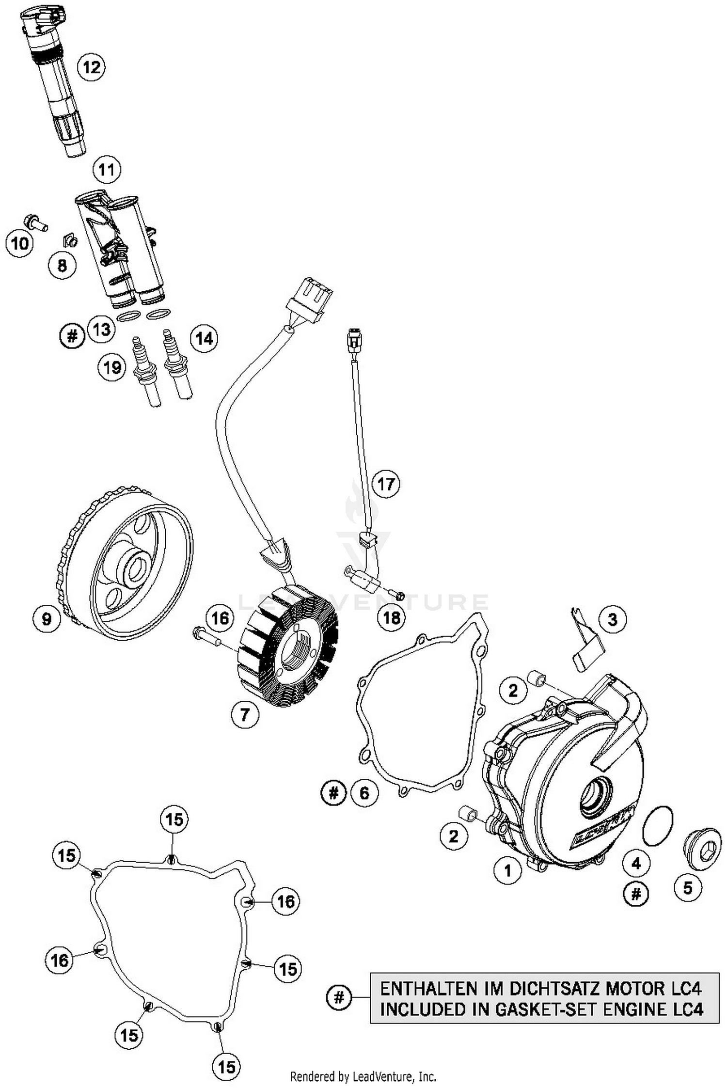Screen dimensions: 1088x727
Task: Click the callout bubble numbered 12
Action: (x=91, y=67)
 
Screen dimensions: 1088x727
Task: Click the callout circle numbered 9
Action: (x=47, y=619)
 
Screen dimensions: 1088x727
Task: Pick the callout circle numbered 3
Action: (x=612, y=619)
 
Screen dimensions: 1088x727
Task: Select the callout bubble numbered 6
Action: (x=363, y=792)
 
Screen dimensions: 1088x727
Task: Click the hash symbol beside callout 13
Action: (x=72, y=335)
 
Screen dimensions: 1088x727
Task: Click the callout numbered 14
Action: (x=204, y=338)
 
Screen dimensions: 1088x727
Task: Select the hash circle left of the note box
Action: (x=339, y=997)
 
